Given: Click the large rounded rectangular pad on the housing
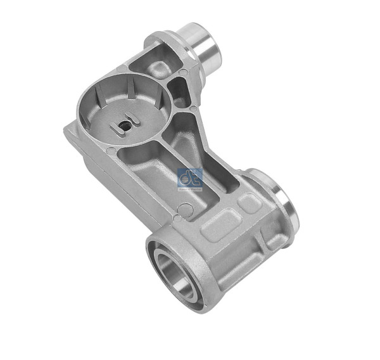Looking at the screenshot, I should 220,223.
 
